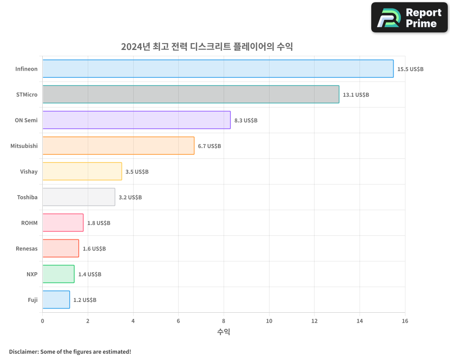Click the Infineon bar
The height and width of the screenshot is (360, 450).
[218, 69]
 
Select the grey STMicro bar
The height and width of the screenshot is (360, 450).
[191, 94]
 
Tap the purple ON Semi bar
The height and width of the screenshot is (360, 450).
[136, 120]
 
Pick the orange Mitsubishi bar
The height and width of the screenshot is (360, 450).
[118, 146]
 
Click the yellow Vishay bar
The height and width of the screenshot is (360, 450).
[82, 171]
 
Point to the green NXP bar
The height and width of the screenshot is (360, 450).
[58, 274]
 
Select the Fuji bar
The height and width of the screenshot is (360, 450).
[56, 300]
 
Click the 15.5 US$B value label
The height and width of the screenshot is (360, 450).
[410, 69]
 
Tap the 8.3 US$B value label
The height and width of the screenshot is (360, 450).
[246, 121]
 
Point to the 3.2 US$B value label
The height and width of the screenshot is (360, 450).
[130, 198]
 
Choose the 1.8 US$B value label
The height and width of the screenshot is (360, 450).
[99, 223]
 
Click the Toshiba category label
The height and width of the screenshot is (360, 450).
[27, 197]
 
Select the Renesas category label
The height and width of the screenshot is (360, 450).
[27, 248]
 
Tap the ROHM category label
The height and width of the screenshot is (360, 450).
[29, 223]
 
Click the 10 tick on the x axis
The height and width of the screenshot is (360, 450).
[269, 321]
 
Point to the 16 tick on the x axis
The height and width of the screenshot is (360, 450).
[405, 321]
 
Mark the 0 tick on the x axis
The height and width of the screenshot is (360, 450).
[43, 321]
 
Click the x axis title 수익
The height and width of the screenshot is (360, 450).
[224, 332]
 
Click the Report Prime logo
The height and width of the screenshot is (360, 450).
[409, 18]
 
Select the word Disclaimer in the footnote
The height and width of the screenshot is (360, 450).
[23, 351]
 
